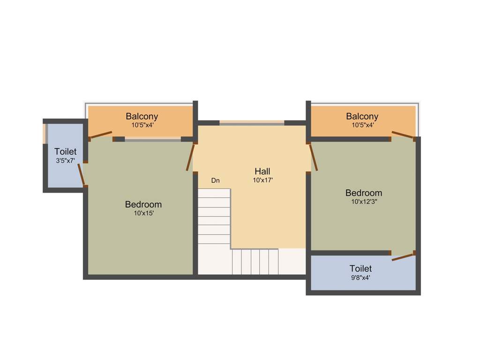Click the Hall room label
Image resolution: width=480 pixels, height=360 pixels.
tap(262, 171)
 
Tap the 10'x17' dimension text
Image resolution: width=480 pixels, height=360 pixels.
tap(262, 180)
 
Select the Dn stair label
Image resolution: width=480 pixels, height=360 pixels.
tap(215, 180)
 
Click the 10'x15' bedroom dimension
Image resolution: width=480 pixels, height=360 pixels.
tap(144, 213)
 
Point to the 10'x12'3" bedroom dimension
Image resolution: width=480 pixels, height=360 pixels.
tap(364, 202)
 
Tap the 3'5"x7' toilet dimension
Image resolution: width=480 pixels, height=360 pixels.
tap(66, 160)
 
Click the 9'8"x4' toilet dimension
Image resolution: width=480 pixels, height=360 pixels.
tap(360, 277)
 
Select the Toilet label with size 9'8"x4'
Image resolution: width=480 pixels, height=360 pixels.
tap(360, 269)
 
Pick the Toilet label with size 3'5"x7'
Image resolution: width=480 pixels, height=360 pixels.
tap(66, 152)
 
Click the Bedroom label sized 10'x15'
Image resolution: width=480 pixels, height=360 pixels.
tap(143, 204)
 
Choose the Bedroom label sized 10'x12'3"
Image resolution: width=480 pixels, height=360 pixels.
tap(364, 193)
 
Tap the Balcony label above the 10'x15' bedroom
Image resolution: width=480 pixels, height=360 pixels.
tap(142, 116)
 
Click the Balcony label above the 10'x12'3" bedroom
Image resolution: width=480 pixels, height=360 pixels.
tap(362, 116)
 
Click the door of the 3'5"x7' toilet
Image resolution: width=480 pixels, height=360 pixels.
tap(82, 174)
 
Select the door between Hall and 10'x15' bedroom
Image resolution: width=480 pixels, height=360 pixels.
tap(190, 157)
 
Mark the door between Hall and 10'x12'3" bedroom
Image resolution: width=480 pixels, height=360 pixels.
tap(313, 157)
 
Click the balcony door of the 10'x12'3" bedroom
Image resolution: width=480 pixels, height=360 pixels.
tap(403, 135)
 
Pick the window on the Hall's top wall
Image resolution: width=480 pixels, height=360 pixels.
tap(252, 123)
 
